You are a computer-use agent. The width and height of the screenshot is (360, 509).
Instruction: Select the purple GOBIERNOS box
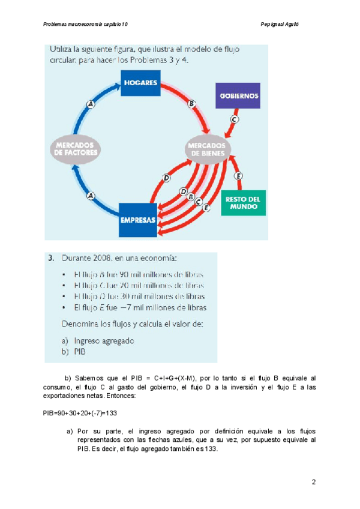(238, 95)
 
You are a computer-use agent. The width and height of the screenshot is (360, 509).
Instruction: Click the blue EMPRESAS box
(139, 220)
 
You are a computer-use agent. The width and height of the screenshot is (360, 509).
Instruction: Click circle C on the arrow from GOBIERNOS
(235, 119)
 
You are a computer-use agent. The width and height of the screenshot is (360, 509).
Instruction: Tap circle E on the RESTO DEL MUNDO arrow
(239, 176)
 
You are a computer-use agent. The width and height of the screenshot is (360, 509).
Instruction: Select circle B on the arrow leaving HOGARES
(192, 104)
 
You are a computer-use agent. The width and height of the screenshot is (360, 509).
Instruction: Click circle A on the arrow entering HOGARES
(91, 104)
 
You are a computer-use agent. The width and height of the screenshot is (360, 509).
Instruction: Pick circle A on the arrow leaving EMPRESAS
(91, 196)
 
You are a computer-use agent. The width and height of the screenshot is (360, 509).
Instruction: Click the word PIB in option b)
(80, 352)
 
